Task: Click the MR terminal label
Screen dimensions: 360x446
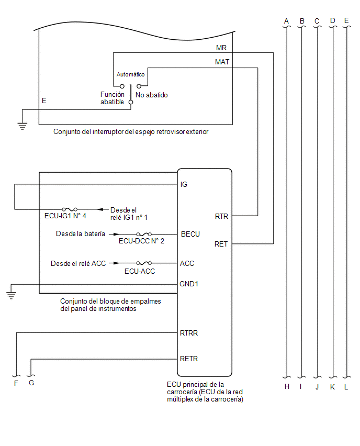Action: pos(221,48)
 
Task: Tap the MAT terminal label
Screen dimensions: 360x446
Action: pos(222,62)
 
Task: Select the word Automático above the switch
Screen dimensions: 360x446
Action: pos(130,74)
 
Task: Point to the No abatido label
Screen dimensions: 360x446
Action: pos(152,95)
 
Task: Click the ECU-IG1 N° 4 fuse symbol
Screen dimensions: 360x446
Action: pos(70,209)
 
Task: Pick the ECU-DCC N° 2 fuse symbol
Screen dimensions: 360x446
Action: pos(144,234)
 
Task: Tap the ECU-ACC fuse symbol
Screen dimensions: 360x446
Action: pos(144,263)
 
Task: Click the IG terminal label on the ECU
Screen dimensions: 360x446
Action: pos(184,185)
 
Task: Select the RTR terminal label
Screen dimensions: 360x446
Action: pos(221,217)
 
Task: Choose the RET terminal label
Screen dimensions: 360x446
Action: pos(221,244)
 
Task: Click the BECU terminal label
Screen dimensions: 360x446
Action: pos(190,234)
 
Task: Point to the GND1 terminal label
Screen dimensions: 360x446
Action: pos(189,284)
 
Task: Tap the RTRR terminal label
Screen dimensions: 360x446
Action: pos(189,333)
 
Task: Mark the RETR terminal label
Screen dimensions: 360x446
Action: pos(189,359)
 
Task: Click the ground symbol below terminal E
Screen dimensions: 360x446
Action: pos(22,126)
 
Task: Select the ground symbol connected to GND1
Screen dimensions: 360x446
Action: pos(11,295)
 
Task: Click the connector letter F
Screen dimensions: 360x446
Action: pos(16,383)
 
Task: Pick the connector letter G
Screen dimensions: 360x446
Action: pos(31,383)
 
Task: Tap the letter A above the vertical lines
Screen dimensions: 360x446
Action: pos(286,21)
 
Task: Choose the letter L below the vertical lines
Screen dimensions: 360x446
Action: pos(346,387)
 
